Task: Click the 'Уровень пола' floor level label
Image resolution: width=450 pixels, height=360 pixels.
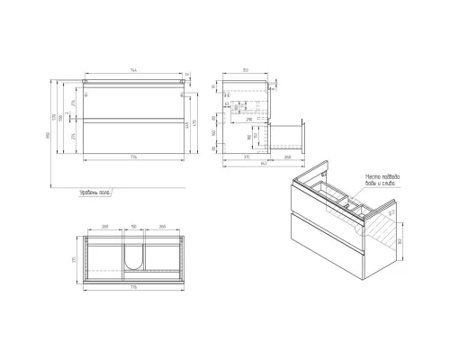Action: pyautogui.click(x=93, y=192)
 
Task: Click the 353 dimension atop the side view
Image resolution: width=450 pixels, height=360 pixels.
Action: pyautogui.click(x=245, y=69)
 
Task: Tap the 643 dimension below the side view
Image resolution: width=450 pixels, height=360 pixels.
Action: pyautogui.click(x=261, y=163)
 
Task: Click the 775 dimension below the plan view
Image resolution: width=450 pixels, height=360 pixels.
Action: pyautogui.click(x=133, y=286)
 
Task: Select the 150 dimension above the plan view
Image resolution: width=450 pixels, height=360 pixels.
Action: pyautogui.click(x=133, y=228)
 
